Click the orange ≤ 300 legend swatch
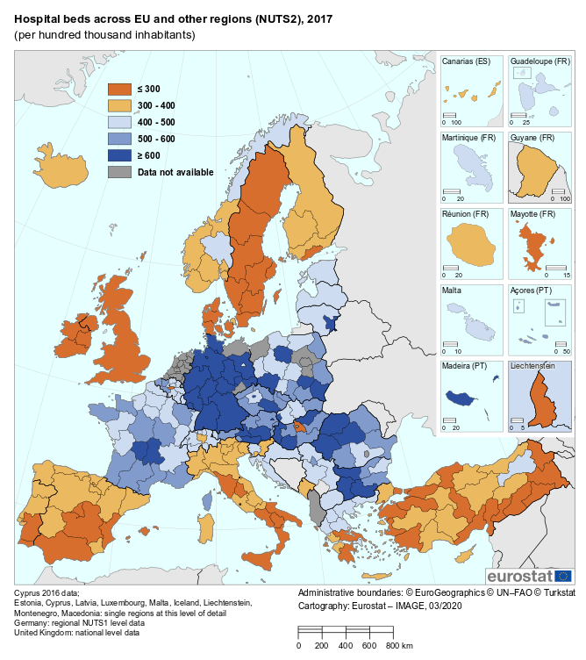click(x=119, y=89)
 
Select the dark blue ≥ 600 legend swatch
click(x=119, y=155)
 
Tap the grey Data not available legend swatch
click(x=119, y=172)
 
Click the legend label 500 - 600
click(x=156, y=139)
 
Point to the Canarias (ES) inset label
click(x=466, y=61)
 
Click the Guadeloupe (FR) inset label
click(x=540, y=61)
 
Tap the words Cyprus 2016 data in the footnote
click(x=44, y=593)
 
